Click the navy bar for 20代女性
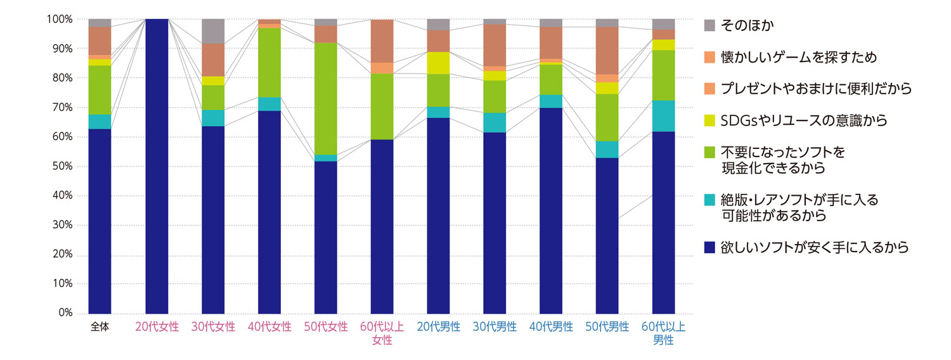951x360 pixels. tap(157, 166)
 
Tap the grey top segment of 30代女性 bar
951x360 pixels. tap(213, 31)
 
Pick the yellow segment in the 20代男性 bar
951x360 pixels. tap(439, 63)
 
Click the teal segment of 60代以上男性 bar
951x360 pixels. tap(664, 116)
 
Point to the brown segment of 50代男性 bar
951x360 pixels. tap(607, 51)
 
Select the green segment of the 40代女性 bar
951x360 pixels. tap(269, 62)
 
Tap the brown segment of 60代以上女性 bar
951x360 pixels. tap(382, 41)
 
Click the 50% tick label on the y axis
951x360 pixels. tap(61, 166)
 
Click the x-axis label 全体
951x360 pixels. tap(100, 328)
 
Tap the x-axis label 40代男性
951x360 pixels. tap(552, 328)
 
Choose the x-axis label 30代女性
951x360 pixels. tap(213, 328)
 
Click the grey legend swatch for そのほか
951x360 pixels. tap(710, 26)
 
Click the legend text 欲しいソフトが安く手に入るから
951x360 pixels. tap(815, 247)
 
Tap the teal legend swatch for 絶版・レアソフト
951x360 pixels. tap(710, 201)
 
